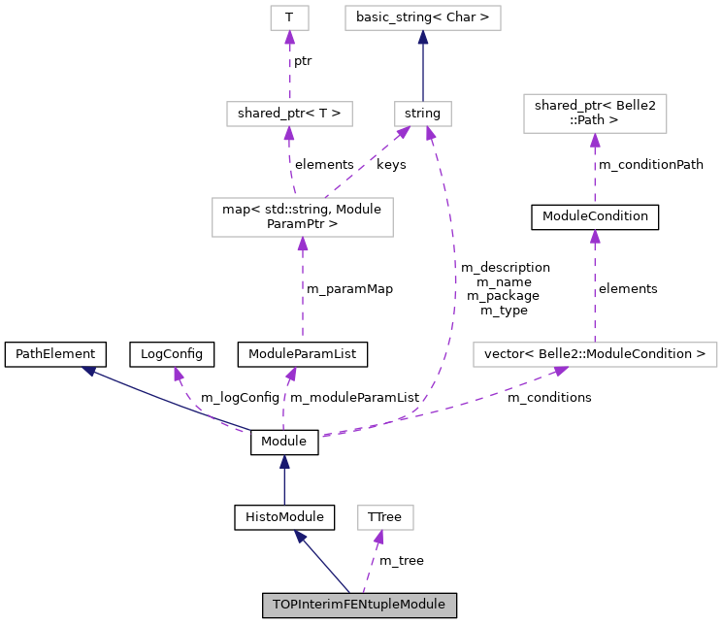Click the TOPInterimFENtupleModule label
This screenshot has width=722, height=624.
tap(359, 605)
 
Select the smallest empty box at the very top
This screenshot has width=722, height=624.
tap(289, 17)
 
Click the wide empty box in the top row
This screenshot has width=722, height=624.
tap(423, 17)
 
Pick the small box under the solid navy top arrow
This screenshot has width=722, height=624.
tap(423, 114)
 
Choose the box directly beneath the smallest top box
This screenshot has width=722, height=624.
tap(289, 114)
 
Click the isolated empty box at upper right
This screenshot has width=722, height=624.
tap(595, 114)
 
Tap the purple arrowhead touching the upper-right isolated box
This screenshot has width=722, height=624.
tap(595, 141)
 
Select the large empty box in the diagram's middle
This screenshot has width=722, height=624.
tap(303, 216)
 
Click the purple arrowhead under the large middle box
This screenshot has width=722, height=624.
tap(303, 245)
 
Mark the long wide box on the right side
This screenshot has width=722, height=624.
tap(595, 354)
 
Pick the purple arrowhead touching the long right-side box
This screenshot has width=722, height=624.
tap(561, 371)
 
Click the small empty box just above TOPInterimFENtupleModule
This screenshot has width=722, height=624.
tap(385, 517)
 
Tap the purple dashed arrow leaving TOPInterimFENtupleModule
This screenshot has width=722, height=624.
tap(372, 562)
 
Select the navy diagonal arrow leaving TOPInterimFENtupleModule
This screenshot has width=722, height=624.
tap(323, 562)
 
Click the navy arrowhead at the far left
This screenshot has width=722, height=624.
tap(88, 371)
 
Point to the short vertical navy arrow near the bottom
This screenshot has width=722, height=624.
tap(284, 480)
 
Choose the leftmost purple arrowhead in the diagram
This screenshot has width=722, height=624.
tap(179, 374)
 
